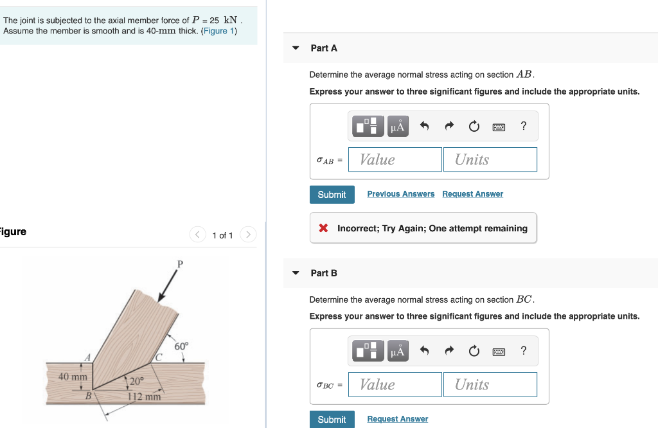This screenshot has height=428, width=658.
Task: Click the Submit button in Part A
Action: click(x=332, y=195)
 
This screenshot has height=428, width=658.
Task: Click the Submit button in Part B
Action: click(x=332, y=419)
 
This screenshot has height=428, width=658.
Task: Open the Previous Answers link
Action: click(x=400, y=194)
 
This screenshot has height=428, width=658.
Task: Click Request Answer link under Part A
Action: click(x=472, y=194)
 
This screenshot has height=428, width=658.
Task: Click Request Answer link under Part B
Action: click(x=397, y=419)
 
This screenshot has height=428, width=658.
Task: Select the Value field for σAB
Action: click(x=395, y=159)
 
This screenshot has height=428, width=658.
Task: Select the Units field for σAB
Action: click(x=490, y=159)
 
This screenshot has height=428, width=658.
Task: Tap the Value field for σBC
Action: click(x=395, y=384)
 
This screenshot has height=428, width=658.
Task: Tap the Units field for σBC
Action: click(x=490, y=384)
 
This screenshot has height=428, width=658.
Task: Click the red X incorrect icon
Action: click(x=324, y=228)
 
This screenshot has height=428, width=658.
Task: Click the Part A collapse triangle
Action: click(x=296, y=48)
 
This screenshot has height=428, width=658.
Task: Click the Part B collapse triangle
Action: click(x=296, y=273)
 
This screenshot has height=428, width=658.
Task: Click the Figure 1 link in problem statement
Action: click(x=218, y=31)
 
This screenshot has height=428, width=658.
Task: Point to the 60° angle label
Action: click(x=182, y=346)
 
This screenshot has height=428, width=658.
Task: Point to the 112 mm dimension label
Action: click(x=143, y=397)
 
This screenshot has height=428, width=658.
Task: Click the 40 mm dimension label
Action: click(x=73, y=376)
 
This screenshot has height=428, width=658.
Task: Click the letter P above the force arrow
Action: click(x=180, y=263)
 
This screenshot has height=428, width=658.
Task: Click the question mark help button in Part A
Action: click(x=524, y=126)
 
